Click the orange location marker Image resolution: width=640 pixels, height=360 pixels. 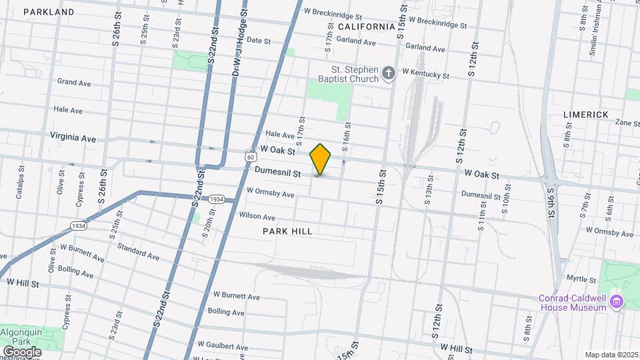point(321,159)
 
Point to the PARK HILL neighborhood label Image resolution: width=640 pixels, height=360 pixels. point(287,231)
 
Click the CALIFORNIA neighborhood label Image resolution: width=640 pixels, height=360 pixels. point(366,27)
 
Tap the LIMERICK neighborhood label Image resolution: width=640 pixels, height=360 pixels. point(586,115)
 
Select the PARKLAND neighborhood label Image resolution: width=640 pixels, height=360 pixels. point(49,12)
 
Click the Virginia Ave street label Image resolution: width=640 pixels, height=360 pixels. point(73,137)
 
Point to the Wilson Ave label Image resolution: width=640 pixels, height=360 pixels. point(257,217)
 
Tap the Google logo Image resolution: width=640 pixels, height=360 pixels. point(22,351)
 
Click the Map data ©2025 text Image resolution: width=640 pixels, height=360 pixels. point(611,355)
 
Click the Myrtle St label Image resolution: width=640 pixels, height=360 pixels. point(580,277)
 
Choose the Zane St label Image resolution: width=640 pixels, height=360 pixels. point(627,123)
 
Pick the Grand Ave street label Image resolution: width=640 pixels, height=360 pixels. point(74,83)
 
